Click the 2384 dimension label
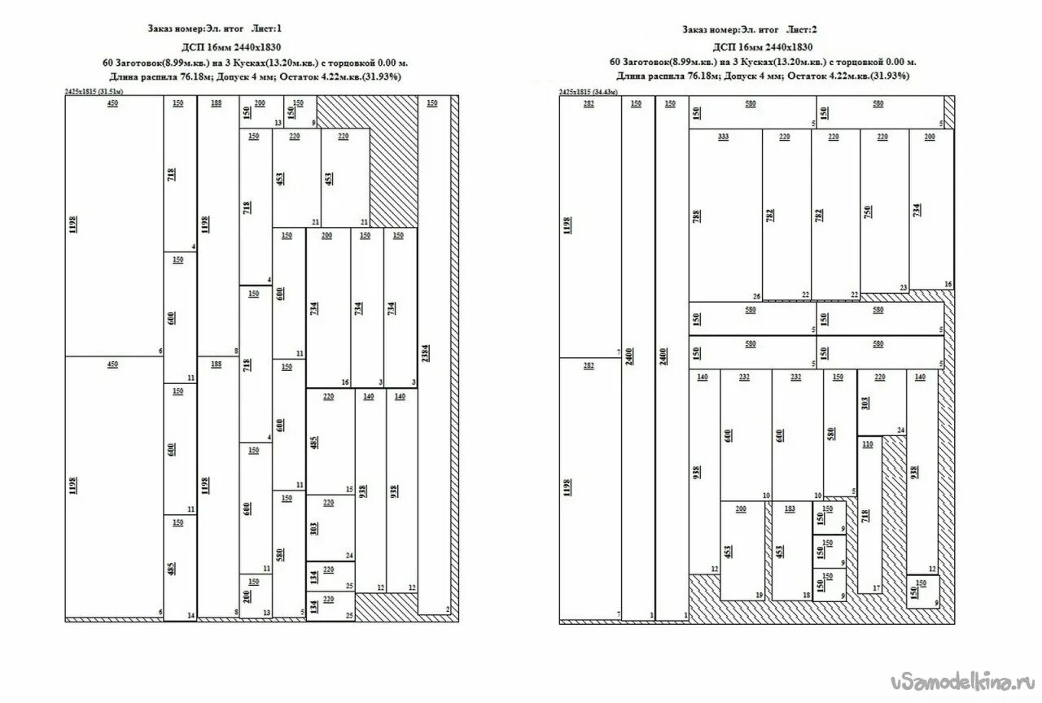tap(425, 354)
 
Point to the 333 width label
tap(723, 137)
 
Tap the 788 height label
tap(697, 215)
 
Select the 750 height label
tap(868, 212)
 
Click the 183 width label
tap(790, 509)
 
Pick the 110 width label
tap(867, 444)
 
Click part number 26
tap(756, 296)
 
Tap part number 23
tap(904, 287)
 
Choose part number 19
tap(759, 596)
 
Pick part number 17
tap(876, 587)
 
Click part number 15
tap(349, 489)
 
